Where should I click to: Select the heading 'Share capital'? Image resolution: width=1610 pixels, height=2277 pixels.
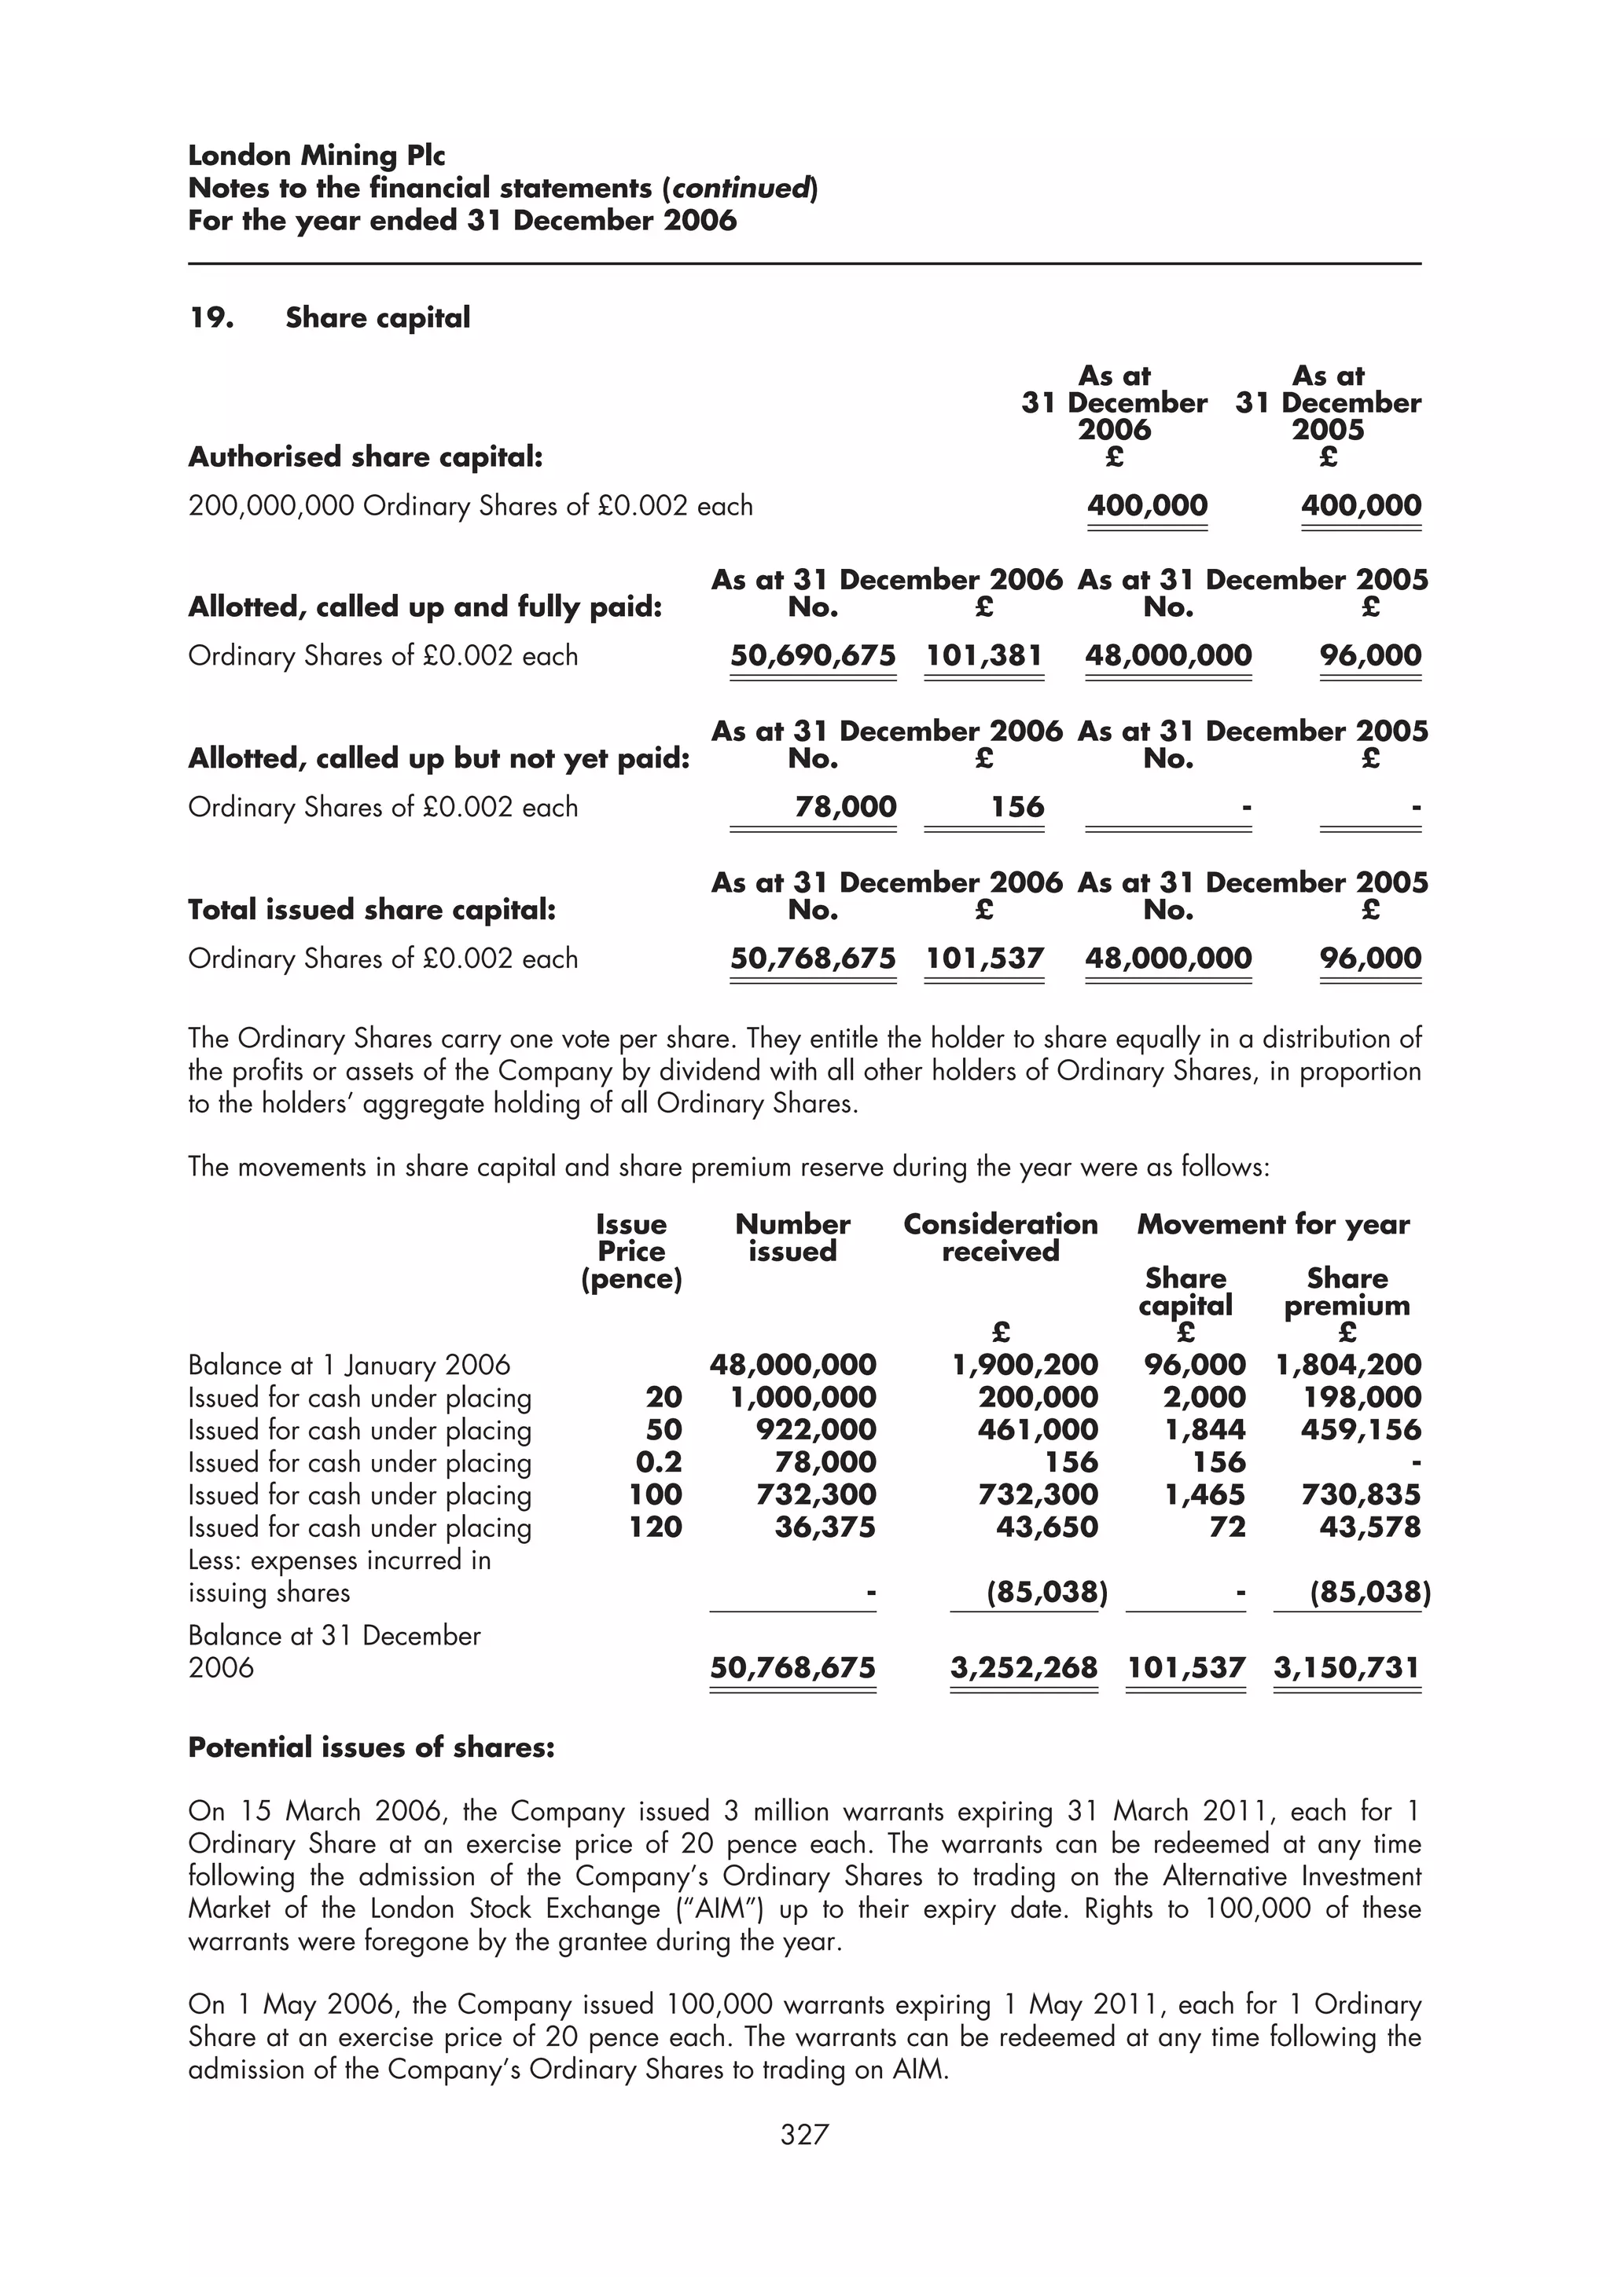point(377,318)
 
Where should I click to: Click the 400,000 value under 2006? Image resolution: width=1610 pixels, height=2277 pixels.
point(1147,506)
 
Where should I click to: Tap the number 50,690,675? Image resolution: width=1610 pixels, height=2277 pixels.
point(812,655)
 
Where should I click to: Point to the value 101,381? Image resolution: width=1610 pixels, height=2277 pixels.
point(983,655)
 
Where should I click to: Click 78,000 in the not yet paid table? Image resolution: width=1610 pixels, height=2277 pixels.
point(845,807)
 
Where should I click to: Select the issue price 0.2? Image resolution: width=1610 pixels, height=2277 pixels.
point(658,1461)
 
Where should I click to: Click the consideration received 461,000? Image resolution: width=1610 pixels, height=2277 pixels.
point(1037,1429)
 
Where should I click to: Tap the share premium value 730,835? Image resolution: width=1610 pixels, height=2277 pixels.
point(1360,1494)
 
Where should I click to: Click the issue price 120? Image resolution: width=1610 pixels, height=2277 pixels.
point(655,1527)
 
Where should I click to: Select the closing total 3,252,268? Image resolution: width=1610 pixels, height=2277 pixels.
point(1023,1668)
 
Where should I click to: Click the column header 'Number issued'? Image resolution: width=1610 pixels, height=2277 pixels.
point(792,1237)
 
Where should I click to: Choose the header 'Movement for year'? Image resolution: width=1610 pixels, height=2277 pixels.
point(1273,1225)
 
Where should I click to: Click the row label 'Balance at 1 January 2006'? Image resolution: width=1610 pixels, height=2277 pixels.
point(348,1366)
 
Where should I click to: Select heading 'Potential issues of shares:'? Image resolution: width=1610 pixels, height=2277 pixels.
point(371,1747)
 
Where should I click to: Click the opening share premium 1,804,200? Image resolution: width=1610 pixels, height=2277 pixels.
point(1348,1366)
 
